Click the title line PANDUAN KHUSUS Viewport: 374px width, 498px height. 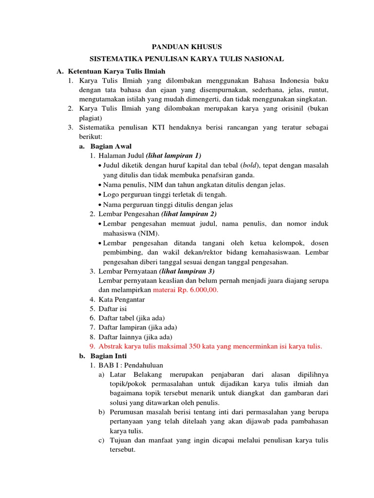point(187,47)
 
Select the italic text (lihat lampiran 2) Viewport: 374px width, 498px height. point(188,214)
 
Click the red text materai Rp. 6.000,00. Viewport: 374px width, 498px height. point(186,290)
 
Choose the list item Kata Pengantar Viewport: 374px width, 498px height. point(121,300)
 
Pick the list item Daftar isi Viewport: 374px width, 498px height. point(112,309)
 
